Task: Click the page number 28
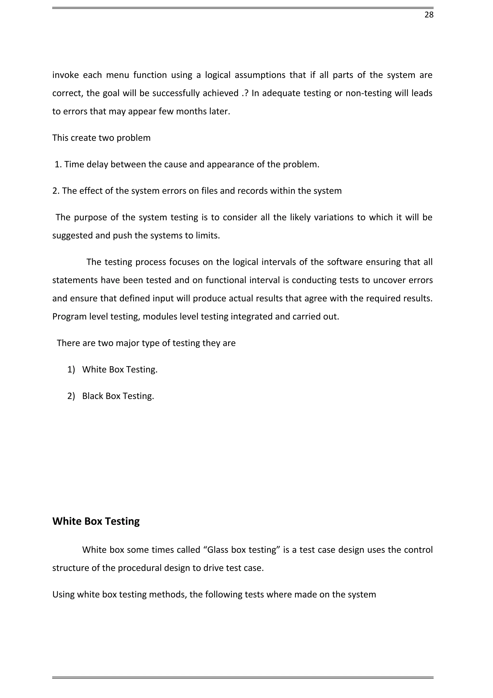pos(428,15)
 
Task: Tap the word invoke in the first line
pos(65,75)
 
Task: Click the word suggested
pos(72,236)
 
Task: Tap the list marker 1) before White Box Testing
pos(71,370)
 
